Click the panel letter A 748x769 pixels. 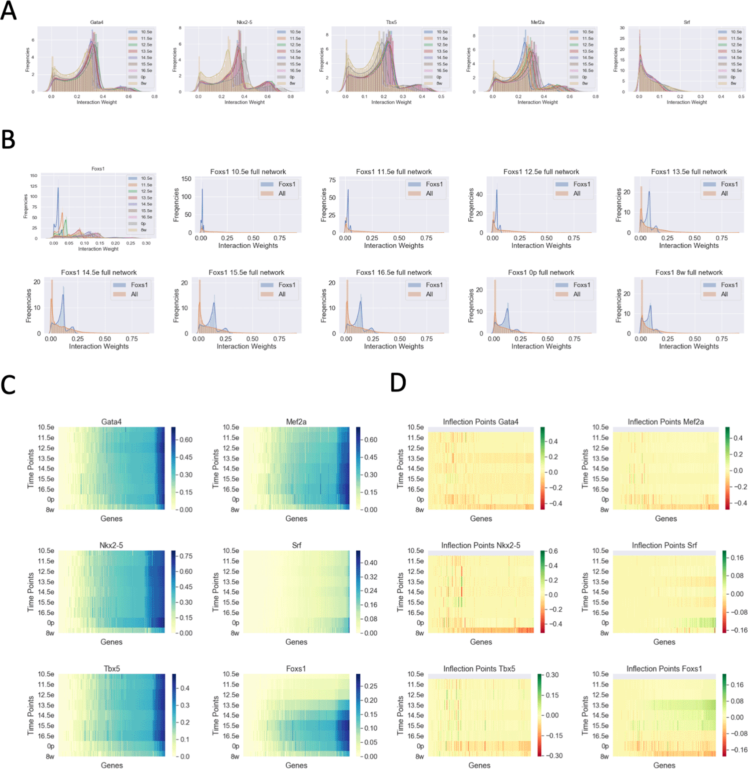(x=8, y=11)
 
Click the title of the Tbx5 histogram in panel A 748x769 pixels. (x=391, y=22)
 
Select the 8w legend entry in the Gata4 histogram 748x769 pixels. (x=143, y=83)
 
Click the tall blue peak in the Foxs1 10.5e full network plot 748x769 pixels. (x=202, y=207)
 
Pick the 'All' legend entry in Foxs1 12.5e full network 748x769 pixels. (x=577, y=193)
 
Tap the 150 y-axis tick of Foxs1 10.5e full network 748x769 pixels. (x=186, y=179)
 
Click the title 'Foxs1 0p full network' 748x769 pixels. (x=541, y=272)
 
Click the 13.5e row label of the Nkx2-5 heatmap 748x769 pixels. (x=46, y=582)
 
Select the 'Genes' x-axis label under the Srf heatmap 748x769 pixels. (x=296, y=642)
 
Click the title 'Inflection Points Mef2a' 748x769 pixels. (x=665, y=422)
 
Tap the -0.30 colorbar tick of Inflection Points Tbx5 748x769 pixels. (x=554, y=756)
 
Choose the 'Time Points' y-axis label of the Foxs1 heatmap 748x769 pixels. (x=215, y=715)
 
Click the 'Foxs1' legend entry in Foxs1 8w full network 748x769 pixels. (x=729, y=285)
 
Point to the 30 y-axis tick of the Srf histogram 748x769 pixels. (x=622, y=28)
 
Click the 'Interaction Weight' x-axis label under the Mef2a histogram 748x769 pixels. (x=537, y=102)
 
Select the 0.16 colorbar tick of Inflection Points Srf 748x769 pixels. (x=737, y=558)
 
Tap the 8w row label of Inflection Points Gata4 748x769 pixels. (x=420, y=510)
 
